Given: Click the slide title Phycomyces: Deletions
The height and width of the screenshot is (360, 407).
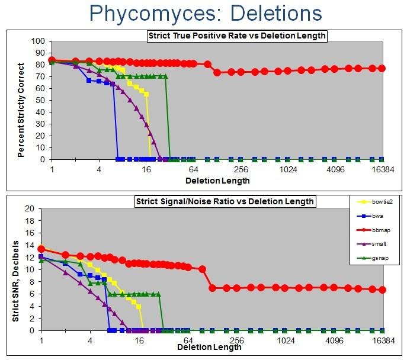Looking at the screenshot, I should coord(203,13).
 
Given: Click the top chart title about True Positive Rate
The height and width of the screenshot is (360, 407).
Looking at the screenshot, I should coord(237,36).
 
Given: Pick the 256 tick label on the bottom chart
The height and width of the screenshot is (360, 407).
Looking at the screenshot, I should coord(236,340).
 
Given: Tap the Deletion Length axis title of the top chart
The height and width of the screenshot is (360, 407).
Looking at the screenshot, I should coord(217,181).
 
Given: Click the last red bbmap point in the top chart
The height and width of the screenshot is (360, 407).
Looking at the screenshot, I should coord(382,68).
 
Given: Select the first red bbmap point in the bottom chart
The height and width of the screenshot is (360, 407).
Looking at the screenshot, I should coord(41,249).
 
